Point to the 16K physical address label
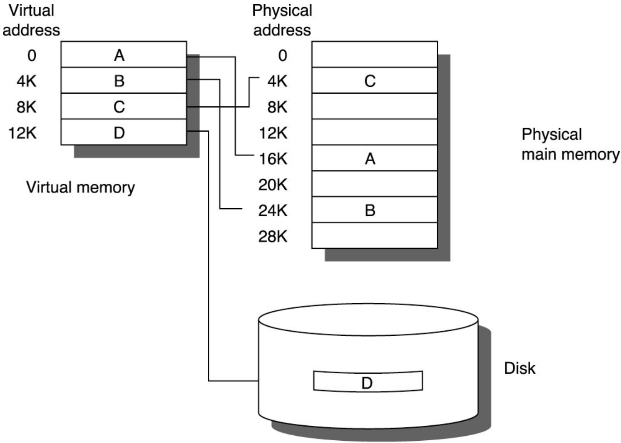[x=273, y=159]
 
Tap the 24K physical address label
[x=273, y=210]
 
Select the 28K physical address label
[x=273, y=236]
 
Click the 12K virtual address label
[x=23, y=133]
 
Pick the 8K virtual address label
[x=26, y=107]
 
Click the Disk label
[x=520, y=368]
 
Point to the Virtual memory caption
[x=81, y=187]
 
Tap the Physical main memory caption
[x=570, y=144]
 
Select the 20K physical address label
[x=273, y=185]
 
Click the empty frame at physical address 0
[x=374, y=55]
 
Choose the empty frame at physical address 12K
[x=374, y=132]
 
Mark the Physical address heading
[x=282, y=20]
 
